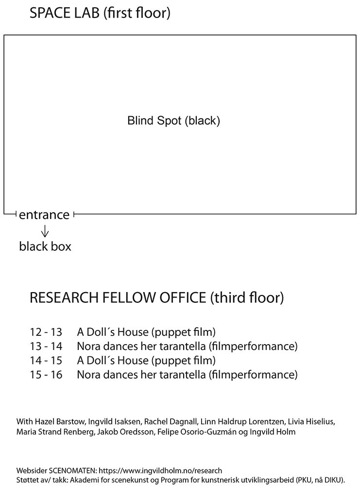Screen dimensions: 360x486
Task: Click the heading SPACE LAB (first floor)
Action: pos(100,13)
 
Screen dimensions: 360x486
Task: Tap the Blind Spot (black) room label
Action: pos(173,121)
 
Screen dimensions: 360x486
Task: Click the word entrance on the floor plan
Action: pos(44,215)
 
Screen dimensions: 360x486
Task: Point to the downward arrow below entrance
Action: pos(45,231)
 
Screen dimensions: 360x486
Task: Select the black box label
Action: pos(45,246)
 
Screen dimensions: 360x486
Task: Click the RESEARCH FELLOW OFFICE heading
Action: pos(156,298)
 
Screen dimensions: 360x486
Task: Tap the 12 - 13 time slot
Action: pos(46,332)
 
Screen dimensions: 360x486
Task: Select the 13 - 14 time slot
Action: pos(46,346)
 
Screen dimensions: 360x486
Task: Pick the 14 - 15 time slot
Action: pos(46,361)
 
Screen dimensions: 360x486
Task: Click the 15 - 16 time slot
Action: pos(46,375)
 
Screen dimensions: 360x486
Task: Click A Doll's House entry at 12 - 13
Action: pos(146,332)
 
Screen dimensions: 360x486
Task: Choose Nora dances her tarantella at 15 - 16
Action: pos(187,375)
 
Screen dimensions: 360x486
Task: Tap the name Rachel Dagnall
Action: pos(171,422)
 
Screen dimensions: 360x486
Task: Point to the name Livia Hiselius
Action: pos(311,421)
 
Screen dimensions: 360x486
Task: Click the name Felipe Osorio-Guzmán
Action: pos(197,432)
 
